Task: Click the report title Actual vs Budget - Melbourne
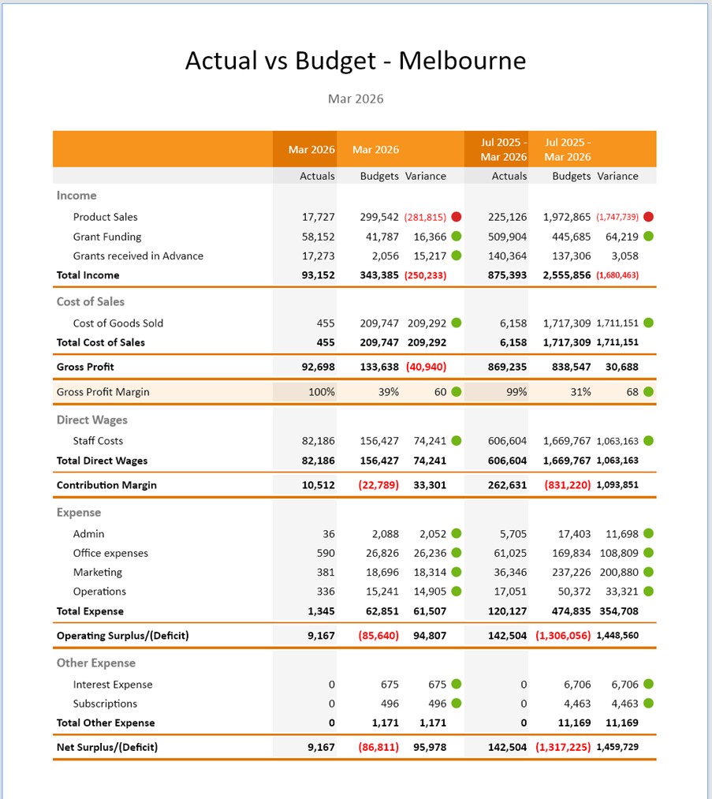click(x=355, y=61)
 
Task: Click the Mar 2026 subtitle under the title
click(x=356, y=99)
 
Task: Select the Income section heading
click(x=76, y=196)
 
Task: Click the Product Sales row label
click(x=105, y=217)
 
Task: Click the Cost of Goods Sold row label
click(x=118, y=323)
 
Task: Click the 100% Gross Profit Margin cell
click(x=321, y=392)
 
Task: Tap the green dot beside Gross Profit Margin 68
click(x=649, y=392)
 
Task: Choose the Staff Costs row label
click(x=98, y=441)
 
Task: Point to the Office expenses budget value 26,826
click(x=379, y=554)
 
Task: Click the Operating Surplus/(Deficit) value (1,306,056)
click(x=563, y=636)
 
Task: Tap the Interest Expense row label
click(x=113, y=685)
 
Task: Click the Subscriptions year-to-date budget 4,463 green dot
click(x=649, y=704)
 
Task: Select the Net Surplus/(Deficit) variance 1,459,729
click(x=617, y=747)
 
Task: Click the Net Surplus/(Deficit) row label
click(x=107, y=747)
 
